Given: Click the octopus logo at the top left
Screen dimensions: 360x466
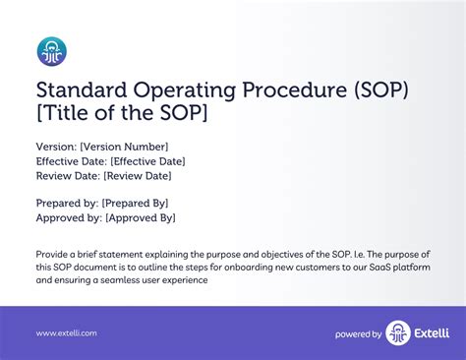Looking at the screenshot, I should [51, 51].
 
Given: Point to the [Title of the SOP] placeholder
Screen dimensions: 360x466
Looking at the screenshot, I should [122, 115].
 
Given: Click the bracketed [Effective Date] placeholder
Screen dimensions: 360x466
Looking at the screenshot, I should [147, 161].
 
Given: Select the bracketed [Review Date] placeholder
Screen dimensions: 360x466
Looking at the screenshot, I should [137, 176].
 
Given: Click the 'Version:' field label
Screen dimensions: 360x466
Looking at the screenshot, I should [56, 147].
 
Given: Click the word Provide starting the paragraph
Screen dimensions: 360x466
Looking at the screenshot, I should [55, 253].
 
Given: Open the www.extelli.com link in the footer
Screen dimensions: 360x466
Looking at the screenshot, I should [67, 334].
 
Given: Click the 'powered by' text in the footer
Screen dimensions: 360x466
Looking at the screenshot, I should [358, 334].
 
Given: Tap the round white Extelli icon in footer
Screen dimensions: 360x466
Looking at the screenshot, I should [398, 333].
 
